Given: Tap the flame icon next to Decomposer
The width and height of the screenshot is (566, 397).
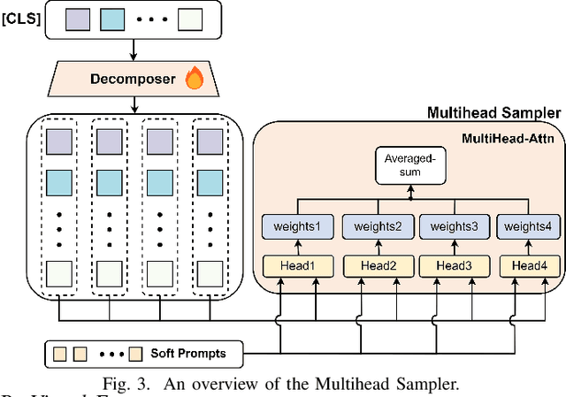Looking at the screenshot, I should (195, 80).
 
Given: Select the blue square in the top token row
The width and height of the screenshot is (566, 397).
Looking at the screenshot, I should (112, 17).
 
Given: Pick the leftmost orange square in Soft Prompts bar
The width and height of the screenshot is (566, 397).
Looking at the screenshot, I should (61, 355).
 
